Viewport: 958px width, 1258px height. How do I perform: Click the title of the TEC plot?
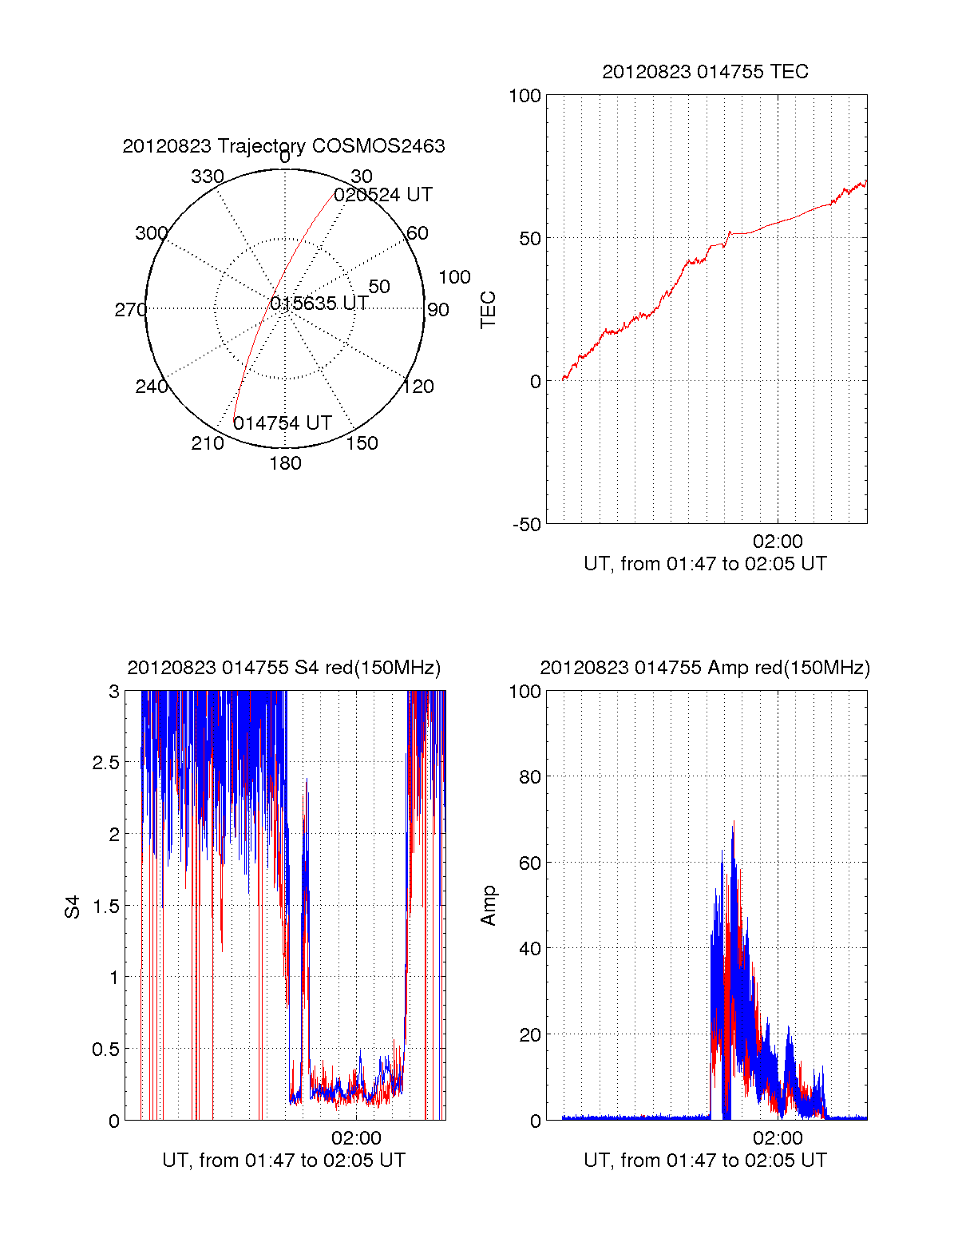click(705, 72)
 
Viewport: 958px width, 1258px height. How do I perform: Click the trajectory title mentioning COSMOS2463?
click(283, 146)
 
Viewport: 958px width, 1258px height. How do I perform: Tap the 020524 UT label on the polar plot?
click(383, 195)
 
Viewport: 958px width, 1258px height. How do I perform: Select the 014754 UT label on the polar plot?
click(282, 423)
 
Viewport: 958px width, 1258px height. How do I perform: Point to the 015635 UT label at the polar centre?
click(319, 304)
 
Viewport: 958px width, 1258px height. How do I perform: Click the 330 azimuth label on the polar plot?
click(207, 177)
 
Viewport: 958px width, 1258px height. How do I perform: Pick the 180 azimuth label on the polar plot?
click(285, 463)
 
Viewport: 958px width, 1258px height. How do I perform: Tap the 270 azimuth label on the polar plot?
click(130, 310)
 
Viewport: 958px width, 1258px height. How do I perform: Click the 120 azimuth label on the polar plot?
click(418, 387)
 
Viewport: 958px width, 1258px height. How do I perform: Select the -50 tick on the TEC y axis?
click(526, 525)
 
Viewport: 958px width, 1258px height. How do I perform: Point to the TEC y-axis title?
click(488, 310)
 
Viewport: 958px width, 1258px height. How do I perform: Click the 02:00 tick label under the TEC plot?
click(778, 542)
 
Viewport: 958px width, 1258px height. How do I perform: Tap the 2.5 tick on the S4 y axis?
click(106, 763)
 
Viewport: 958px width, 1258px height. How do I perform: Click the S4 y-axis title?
click(73, 907)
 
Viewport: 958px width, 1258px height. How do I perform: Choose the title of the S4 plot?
click(283, 668)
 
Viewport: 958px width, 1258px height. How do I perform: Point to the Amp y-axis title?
click(488, 906)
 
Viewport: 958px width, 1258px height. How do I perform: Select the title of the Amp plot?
click(705, 668)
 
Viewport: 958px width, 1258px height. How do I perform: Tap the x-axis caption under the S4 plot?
click(283, 1161)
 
